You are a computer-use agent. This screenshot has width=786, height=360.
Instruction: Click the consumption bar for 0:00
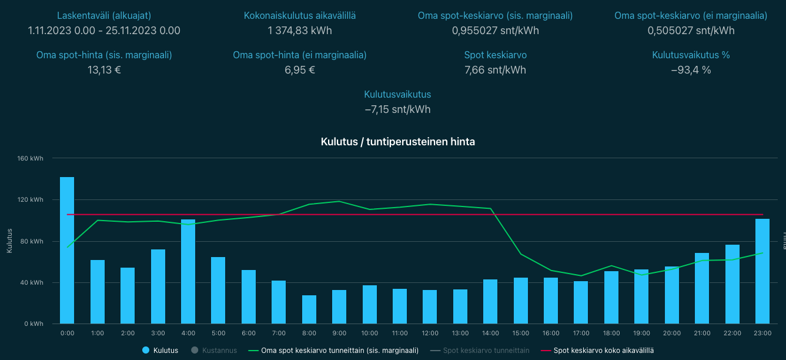[x=67, y=251]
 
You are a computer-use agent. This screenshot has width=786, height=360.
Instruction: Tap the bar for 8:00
[x=309, y=309]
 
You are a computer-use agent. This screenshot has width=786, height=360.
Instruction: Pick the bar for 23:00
[x=762, y=271]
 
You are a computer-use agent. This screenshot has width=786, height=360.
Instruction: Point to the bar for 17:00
[x=581, y=302]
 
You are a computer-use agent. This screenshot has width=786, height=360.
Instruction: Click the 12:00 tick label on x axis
[x=430, y=333]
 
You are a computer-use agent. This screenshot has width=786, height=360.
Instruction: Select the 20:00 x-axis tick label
[x=672, y=333]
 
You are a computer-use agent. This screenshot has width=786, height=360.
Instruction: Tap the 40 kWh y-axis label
[x=34, y=282]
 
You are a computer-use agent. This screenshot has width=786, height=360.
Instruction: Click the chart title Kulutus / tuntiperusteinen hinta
[x=398, y=142]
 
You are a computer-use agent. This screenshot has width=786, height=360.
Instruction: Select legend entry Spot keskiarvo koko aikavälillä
[x=604, y=351]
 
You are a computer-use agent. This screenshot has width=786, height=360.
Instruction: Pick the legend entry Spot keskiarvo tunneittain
[x=486, y=351]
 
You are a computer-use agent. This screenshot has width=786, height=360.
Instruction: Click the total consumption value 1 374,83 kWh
[x=299, y=31]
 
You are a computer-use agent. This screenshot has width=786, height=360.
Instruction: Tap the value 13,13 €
[x=104, y=70]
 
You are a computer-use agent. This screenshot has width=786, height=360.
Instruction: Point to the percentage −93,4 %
[x=691, y=70]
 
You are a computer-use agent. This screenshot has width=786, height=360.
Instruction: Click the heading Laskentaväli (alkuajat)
[x=104, y=16]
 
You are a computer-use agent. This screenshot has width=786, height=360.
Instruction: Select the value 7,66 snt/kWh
[x=495, y=70]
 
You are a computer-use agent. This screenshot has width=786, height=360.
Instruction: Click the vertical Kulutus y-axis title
[x=9, y=241]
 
